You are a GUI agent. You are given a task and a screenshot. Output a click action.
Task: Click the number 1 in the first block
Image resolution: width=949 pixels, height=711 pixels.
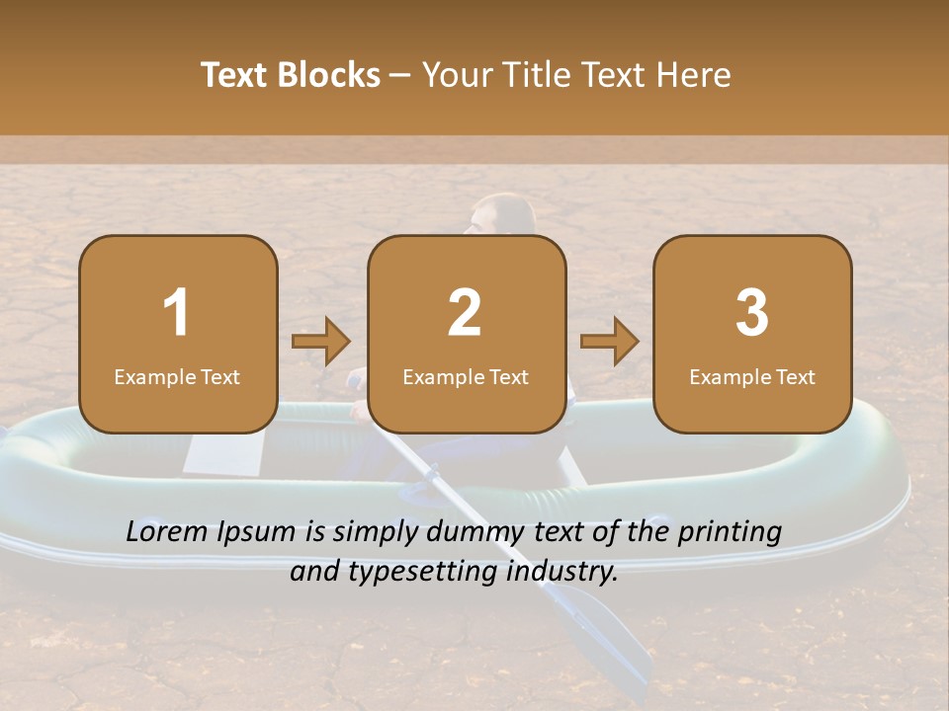(177, 313)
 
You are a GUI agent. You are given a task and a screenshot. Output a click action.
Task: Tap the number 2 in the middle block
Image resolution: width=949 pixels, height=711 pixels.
(465, 313)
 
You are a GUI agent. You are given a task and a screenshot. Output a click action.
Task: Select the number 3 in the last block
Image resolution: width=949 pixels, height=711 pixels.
(752, 313)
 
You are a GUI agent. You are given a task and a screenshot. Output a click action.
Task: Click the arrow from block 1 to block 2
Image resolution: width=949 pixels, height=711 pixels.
(321, 342)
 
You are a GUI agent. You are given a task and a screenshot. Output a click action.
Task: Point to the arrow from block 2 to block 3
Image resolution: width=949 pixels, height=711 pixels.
(610, 342)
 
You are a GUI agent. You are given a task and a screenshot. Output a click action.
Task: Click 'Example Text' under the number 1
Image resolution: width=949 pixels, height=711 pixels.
(177, 377)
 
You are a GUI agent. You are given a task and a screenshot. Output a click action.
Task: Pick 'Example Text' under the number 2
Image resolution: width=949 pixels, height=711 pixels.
(466, 377)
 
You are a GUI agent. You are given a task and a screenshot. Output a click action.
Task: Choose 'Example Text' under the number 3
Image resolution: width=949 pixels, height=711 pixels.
(752, 377)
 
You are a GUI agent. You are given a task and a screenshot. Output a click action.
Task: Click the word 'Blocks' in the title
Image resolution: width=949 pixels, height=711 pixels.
(327, 75)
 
